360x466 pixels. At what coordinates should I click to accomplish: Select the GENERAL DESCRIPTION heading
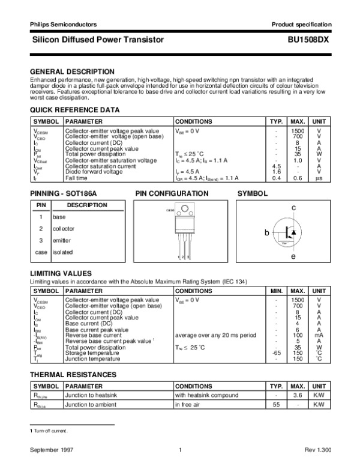[72, 71]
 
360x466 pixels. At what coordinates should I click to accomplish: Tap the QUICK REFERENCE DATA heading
[75, 110]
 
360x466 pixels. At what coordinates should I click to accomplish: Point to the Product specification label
[301, 24]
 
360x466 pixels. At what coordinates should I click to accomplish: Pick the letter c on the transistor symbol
[294, 207]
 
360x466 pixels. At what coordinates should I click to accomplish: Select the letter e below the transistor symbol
[294, 257]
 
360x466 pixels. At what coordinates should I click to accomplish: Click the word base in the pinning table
[59, 217]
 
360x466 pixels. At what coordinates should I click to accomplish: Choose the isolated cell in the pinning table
[63, 252]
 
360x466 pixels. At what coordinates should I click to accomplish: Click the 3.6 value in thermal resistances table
[296, 396]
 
